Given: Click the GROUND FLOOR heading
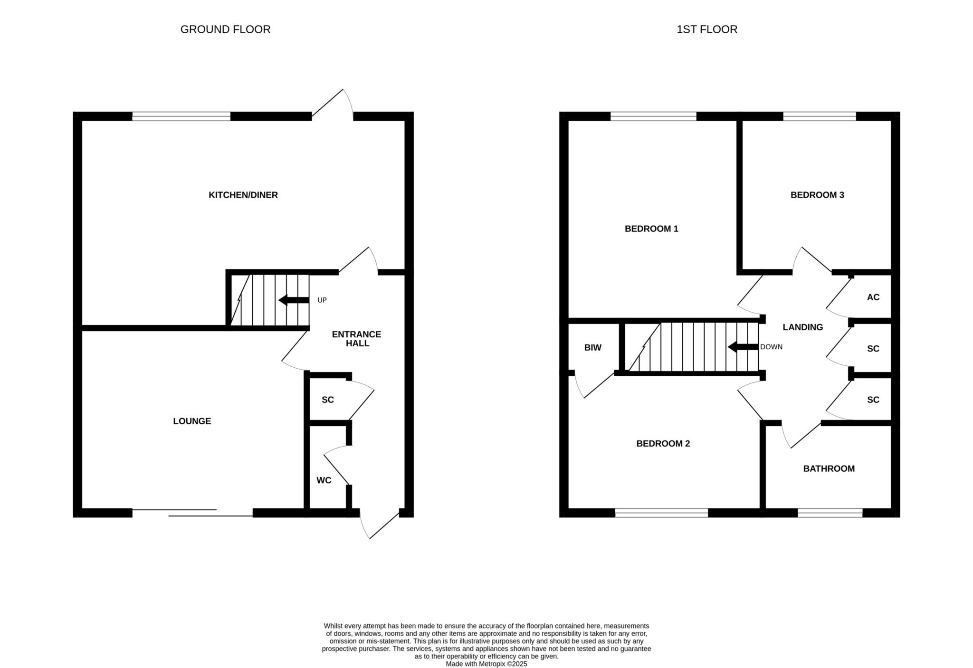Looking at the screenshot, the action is [225, 29].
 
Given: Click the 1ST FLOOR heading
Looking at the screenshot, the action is [707, 29].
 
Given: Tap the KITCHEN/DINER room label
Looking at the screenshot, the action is [243, 195].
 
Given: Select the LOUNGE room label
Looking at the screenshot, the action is [192, 421].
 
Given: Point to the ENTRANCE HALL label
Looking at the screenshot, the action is [356, 339].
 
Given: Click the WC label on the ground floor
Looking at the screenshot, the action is [324, 480].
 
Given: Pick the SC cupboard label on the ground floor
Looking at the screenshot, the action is [328, 400].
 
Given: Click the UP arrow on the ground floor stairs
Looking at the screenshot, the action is [294, 300].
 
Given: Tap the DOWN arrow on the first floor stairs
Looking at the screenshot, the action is [743, 347].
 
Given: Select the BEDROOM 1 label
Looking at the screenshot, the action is [651, 229].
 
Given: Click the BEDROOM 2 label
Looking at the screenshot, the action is [663, 443].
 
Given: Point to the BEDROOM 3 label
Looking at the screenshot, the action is [817, 195].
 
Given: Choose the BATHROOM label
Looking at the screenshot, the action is [829, 468].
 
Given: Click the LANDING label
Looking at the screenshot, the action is [803, 327].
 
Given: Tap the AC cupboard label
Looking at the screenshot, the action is [873, 297].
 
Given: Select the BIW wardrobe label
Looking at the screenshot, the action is [593, 348].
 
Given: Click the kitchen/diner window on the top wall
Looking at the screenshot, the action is [181, 116].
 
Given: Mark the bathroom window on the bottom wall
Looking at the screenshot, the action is [830, 513].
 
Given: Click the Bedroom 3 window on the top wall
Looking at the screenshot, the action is [820, 116].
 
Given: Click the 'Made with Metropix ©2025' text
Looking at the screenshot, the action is [486, 664].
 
